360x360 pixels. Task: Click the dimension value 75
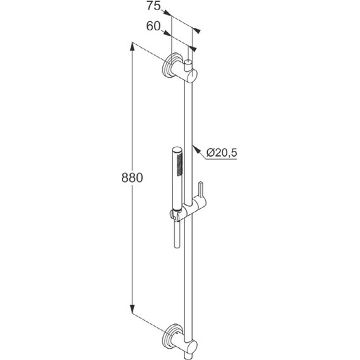pyautogui.click(x=153, y=6)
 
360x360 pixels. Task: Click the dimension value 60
pyautogui.click(x=153, y=26)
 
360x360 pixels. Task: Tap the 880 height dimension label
pyautogui.click(x=132, y=177)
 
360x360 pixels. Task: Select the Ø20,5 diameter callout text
pyautogui.click(x=222, y=152)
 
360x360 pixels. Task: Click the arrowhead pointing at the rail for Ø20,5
pyautogui.click(x=195, y=149)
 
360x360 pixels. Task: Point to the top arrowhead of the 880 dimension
pyautogui.click(x=132, y=47)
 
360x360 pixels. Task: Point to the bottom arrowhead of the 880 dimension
pyautogui.click(x=132, y=309)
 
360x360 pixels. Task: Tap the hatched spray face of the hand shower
pyautogui.click(x=180, y=164)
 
